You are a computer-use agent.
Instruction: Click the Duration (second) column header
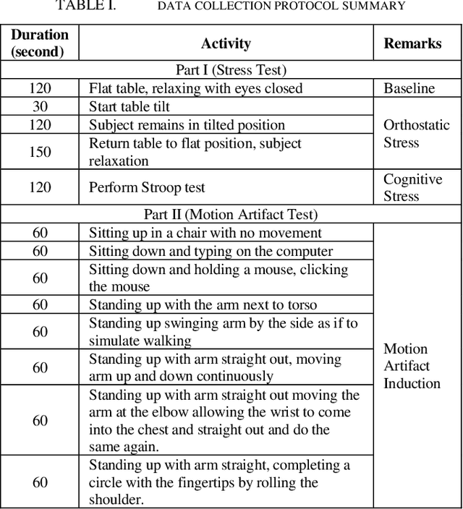(x=40, y=43)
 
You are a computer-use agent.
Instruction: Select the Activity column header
(x=226, y=43)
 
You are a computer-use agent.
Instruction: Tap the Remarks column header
(x=412, y=43)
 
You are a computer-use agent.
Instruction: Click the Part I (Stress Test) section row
(x=231, y=70)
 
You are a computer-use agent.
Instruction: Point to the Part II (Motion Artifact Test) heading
(x=231, y=214)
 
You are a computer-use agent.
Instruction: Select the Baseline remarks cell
(x=409, y=88)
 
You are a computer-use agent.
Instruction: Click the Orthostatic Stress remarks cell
(x=416, y=134)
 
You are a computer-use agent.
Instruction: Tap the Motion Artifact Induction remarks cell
(x=412, y=366)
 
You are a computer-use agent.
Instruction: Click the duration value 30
(x=40, y=106)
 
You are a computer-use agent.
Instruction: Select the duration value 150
(x=40, y=152)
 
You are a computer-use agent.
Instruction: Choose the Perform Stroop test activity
(x=147, y=187)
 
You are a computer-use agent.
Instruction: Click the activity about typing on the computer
(x=211, y=251)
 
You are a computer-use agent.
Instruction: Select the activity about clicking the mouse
(x=218, y=278)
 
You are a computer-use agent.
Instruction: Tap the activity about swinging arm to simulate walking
(x=223, y=331)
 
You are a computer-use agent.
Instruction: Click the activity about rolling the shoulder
(x=219, y=482)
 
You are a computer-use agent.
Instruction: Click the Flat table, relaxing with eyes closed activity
(x=195, y=88)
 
